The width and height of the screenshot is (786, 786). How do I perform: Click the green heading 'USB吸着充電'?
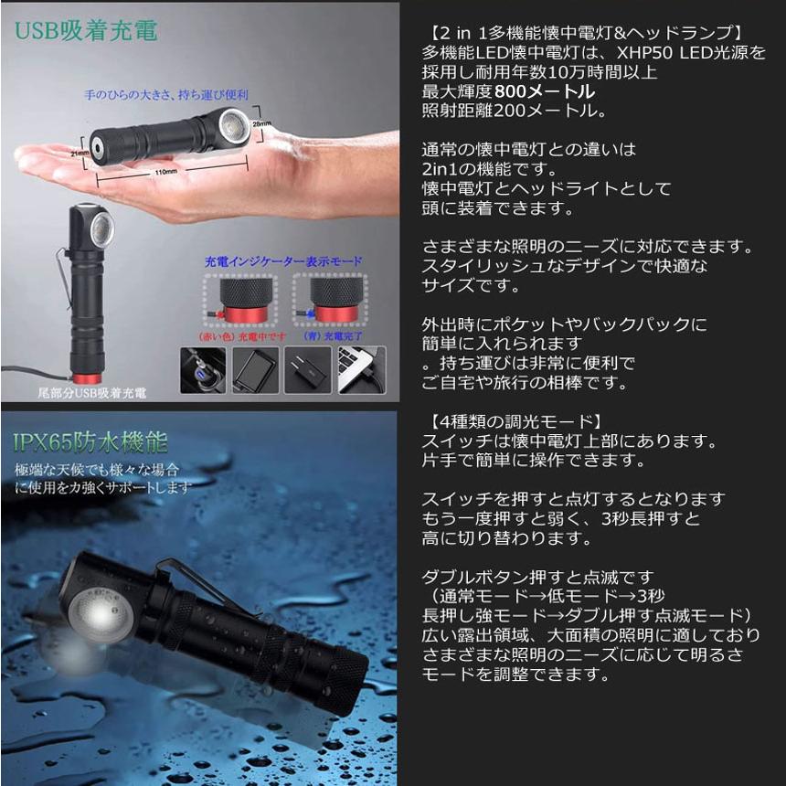click(86, 30)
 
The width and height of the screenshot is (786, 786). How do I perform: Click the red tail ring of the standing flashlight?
click(88, 378)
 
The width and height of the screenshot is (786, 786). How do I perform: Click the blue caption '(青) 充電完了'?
click(326, 335)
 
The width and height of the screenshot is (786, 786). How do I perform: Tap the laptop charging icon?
click(362, 369)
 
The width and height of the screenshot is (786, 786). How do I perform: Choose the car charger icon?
click(203, 369)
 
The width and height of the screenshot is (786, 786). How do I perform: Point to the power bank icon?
click(256, 369)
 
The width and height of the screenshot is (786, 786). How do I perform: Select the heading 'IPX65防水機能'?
click(90, 443)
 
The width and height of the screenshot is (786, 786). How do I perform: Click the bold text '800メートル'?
click(546, 92)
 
